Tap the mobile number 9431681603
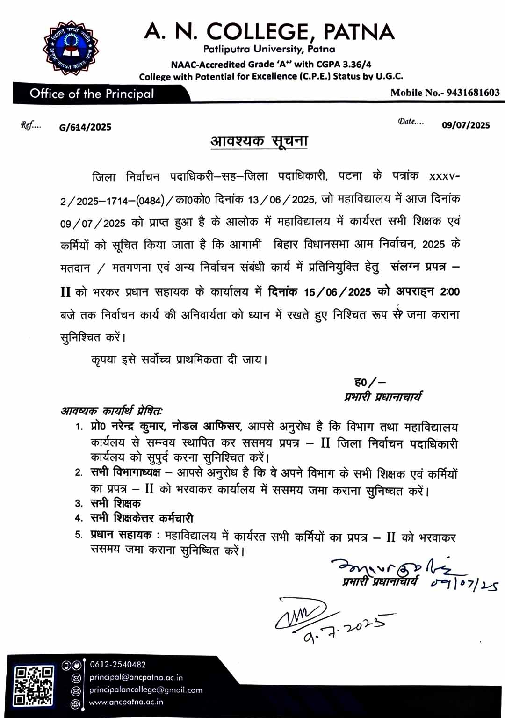[473, 93]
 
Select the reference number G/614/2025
[85, 127]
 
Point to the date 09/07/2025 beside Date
[466, 125]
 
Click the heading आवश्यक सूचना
[259, 141]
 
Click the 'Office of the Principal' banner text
[92, 94]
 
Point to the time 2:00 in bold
[450, 291]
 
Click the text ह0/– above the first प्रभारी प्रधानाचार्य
[369, 382]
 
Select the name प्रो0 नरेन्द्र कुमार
[128, 426]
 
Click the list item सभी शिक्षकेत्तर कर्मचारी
[141, 518]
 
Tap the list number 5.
[79, 534]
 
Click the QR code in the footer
[34, 686]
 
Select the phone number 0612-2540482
[118, 664]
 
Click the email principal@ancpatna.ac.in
[136, 677]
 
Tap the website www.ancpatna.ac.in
[126, 702]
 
